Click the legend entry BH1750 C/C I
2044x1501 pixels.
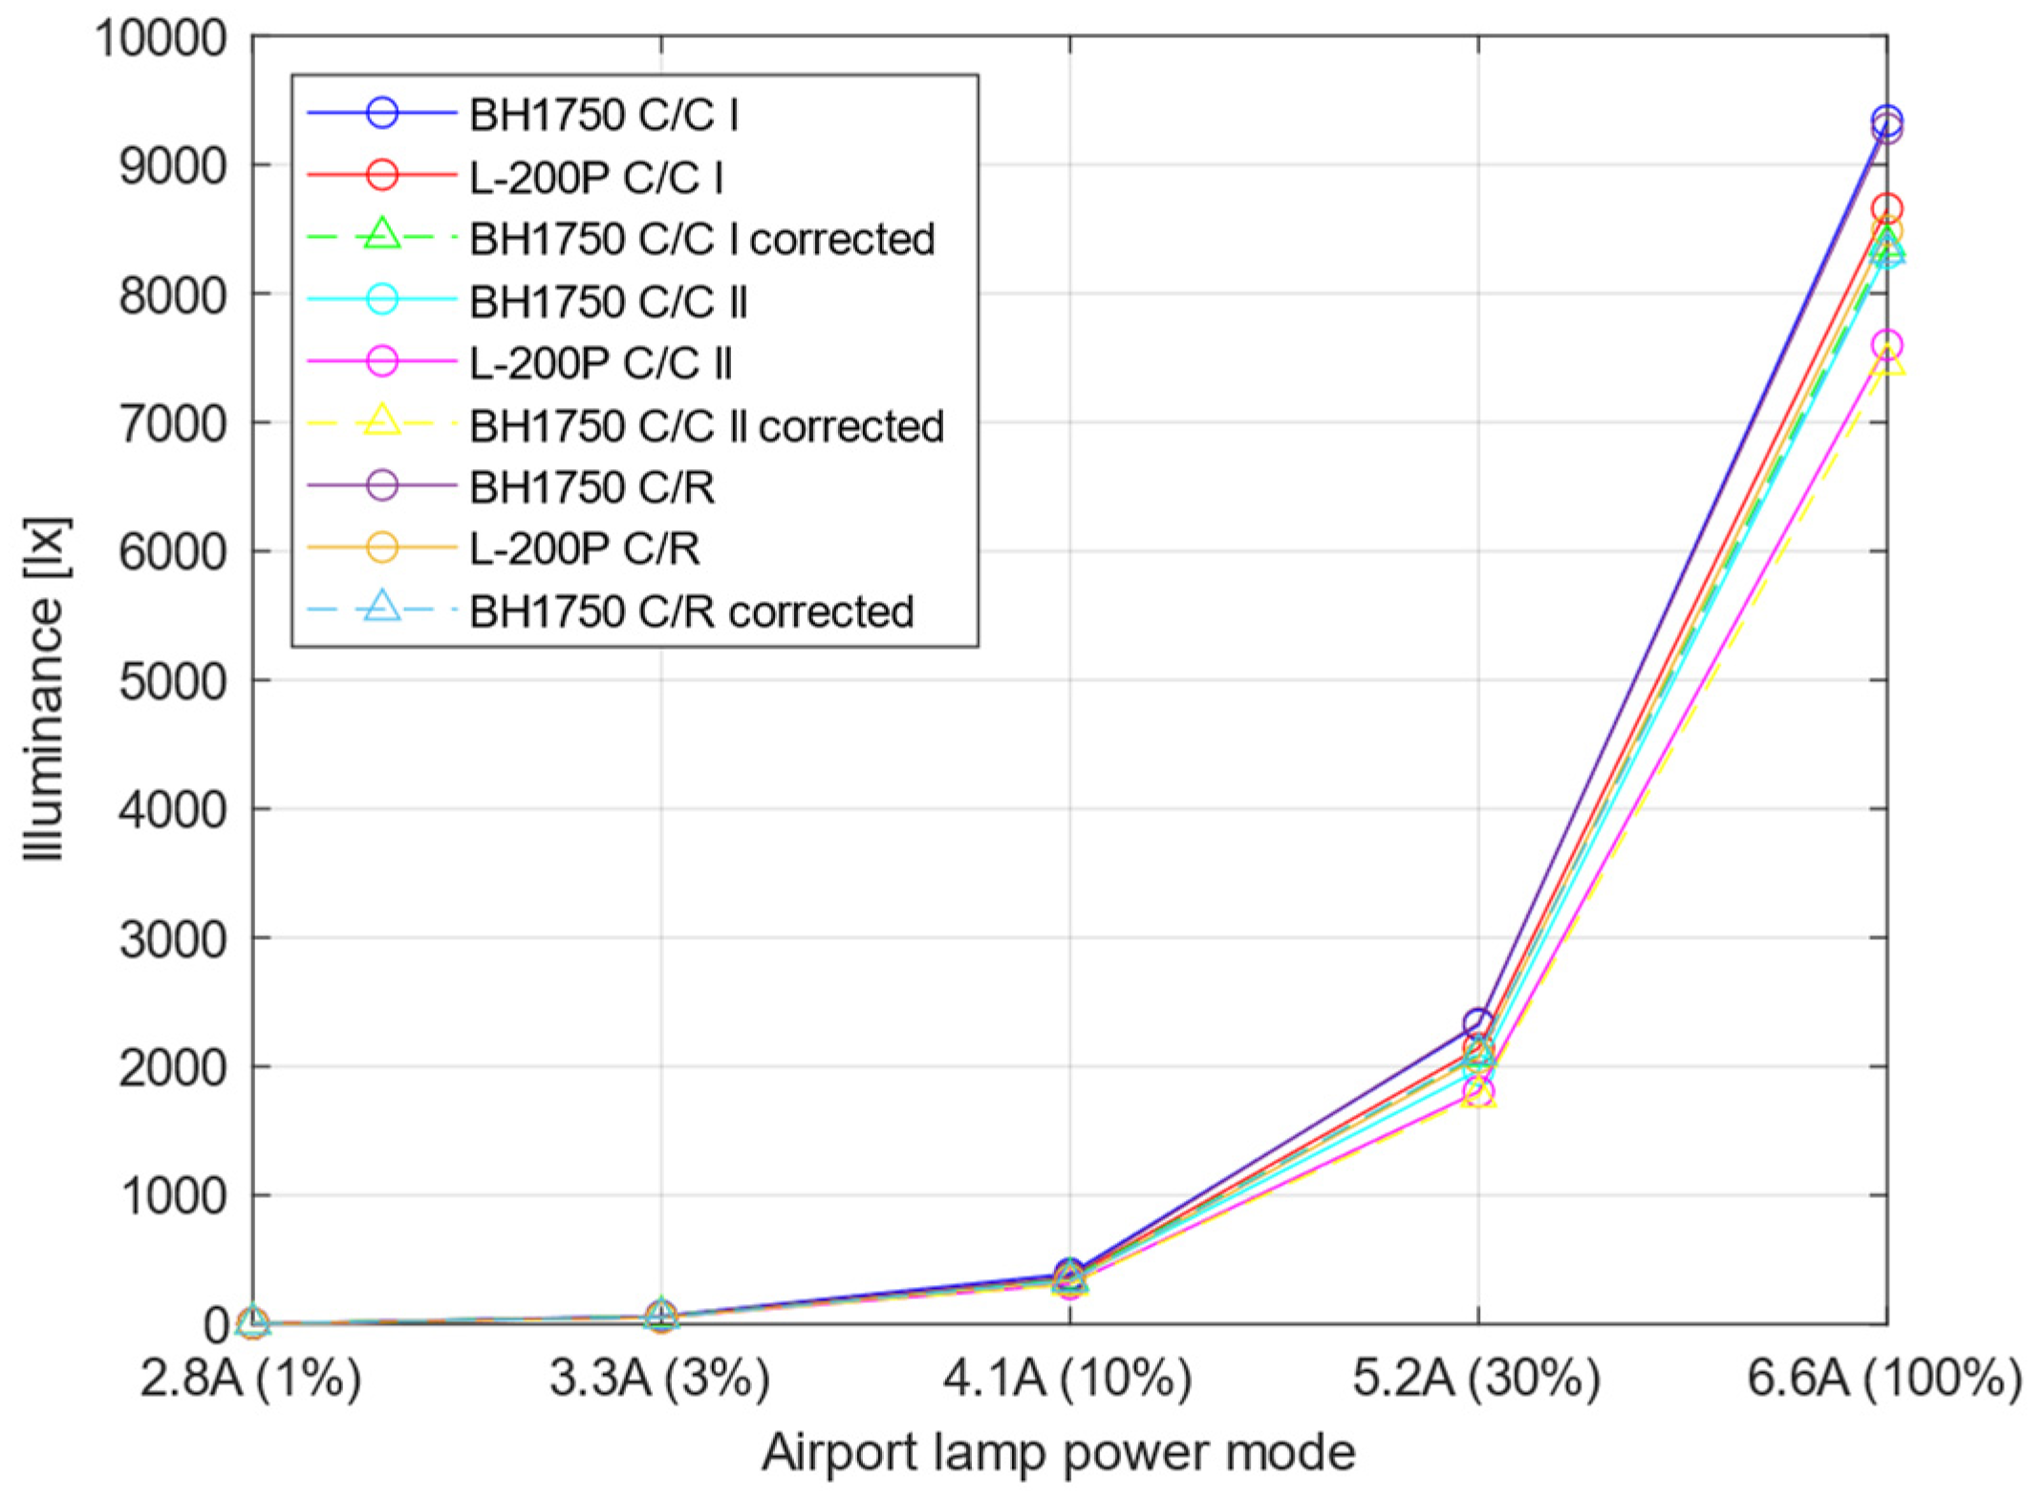click(x=603, y=115)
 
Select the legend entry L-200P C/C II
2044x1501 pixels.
click(x=600, y=363)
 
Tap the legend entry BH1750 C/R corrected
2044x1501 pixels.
click(x=691, y=611)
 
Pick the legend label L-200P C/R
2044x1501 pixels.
click(x=584, y=548)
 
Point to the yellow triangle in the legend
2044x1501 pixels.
click(x=382, y=421)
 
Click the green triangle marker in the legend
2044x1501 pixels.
click(x=382, y=235)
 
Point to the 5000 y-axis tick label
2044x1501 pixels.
click(x=173, y=681)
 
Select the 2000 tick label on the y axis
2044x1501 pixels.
click(x=173, y=1067)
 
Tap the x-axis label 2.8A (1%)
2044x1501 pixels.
click(x=250, y=1379)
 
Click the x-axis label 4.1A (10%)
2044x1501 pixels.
click(x=1067, y=1379)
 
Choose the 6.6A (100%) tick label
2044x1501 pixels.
click(x=1884, y=1379)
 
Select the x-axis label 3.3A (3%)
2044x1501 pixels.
click(x=659, y=1379)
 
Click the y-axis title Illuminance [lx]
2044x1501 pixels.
click(x=45, y=688)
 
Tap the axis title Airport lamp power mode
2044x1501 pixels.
click(x=1058, y=1452)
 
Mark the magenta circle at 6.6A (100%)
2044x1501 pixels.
click(x=1886, y=345)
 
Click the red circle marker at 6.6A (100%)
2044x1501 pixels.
click(x=1886, y=208)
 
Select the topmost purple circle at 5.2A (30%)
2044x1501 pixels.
click(x=1477, y=1023)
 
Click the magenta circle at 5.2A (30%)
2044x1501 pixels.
click(x=1477, y=1091)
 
